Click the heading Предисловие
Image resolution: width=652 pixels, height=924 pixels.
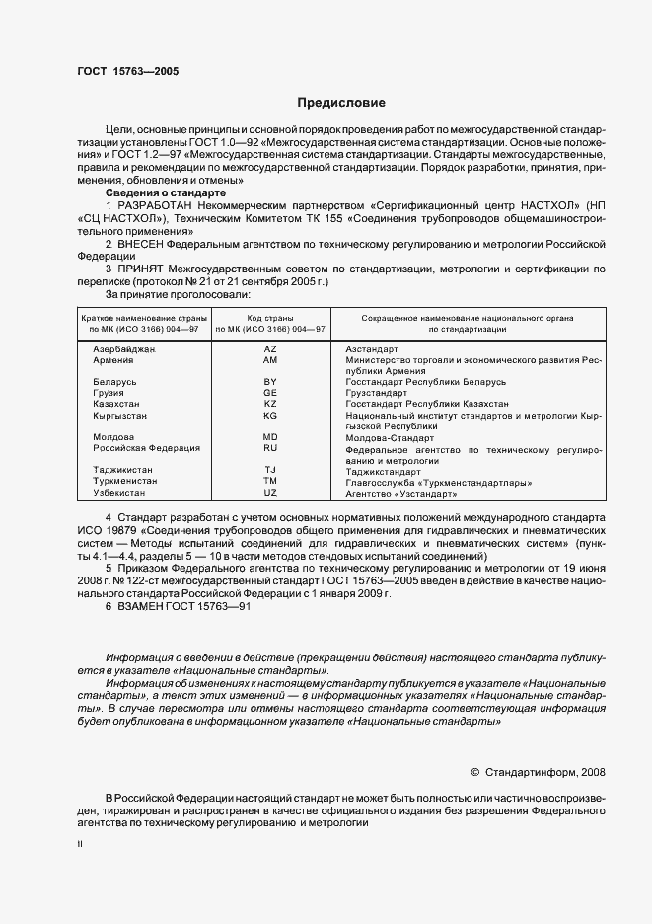[x=341, y=102]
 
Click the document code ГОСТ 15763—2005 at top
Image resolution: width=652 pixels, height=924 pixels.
[x=128, y=71]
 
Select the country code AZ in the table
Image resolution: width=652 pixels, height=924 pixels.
[x=270, y=349]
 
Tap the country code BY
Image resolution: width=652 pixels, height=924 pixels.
[x=270, y=381]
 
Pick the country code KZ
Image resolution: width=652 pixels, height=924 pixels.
[x=270, y=404]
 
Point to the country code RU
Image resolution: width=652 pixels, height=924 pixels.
[x=270, y=448]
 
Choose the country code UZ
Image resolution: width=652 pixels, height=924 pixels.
[x=270, y=492]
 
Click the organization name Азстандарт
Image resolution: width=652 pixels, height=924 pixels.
[x=372, y=349]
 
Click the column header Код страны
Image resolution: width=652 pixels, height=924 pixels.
[x=270, y=319]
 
